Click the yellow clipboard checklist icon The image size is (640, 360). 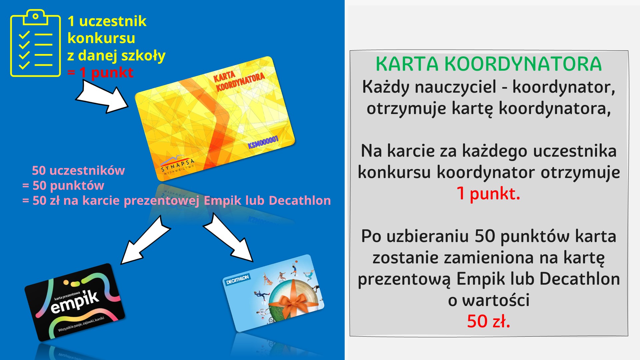(35, 43)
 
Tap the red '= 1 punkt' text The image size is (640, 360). (100, 72)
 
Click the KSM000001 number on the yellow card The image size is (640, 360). (263, 142)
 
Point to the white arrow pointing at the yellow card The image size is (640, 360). (102, 97)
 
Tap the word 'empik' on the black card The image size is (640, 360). (75, 302)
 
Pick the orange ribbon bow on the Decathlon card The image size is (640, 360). (294, 302)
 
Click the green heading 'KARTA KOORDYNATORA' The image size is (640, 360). (489, 64)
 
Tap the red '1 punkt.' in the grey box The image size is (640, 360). (488, 193)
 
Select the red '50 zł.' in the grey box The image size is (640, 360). (489, 321)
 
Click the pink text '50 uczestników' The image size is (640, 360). (78, 170)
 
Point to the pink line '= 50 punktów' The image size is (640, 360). (63, 185)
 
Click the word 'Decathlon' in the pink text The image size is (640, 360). (300, 200)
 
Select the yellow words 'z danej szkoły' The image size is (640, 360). (116, 56)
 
